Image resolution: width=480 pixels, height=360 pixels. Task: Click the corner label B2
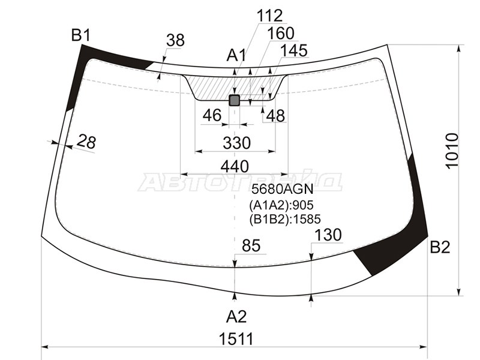pyautogui.click(x=439, y=247)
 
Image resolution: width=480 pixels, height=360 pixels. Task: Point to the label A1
pyautogui.click(x=236, y=56)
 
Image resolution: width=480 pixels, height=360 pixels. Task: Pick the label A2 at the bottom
pyautogui.click(x=236, y=316)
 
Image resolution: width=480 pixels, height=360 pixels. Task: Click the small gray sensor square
pyautogui.click(x=235, y=100)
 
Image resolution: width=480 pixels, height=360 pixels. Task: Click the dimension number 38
pyautogui.click(x=175, y=40)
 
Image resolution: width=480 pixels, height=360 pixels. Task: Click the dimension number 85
pyautogui.click(x=251, y=245)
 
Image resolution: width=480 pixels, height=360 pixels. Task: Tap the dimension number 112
pyautogui.click(x=270, y=15)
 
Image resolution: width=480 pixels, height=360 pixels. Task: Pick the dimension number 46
pyautogui.click(x=212, y=115)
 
